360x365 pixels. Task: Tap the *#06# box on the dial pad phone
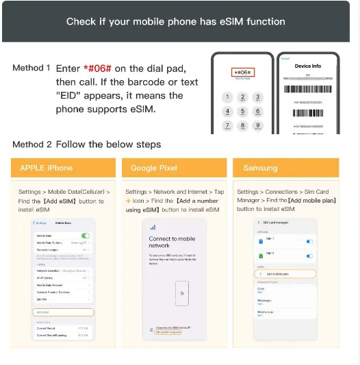[243, 72]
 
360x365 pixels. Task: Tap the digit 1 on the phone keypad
[228, 97]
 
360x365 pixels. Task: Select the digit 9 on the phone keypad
[258, 125]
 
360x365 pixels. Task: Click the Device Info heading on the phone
[307, 66]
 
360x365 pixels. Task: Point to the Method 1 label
[31, 68]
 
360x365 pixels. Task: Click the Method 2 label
[31, 144]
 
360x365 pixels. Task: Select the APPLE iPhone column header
[46, 168]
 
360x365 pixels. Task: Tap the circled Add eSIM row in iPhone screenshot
[63, 312]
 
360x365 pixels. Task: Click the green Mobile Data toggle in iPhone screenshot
[86, 236]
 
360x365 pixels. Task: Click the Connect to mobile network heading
[172, 242]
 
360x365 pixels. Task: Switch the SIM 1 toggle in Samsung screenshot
[309, 241]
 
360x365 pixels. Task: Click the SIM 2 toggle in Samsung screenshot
[309, 257]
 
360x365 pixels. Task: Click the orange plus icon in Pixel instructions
[128, 201]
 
